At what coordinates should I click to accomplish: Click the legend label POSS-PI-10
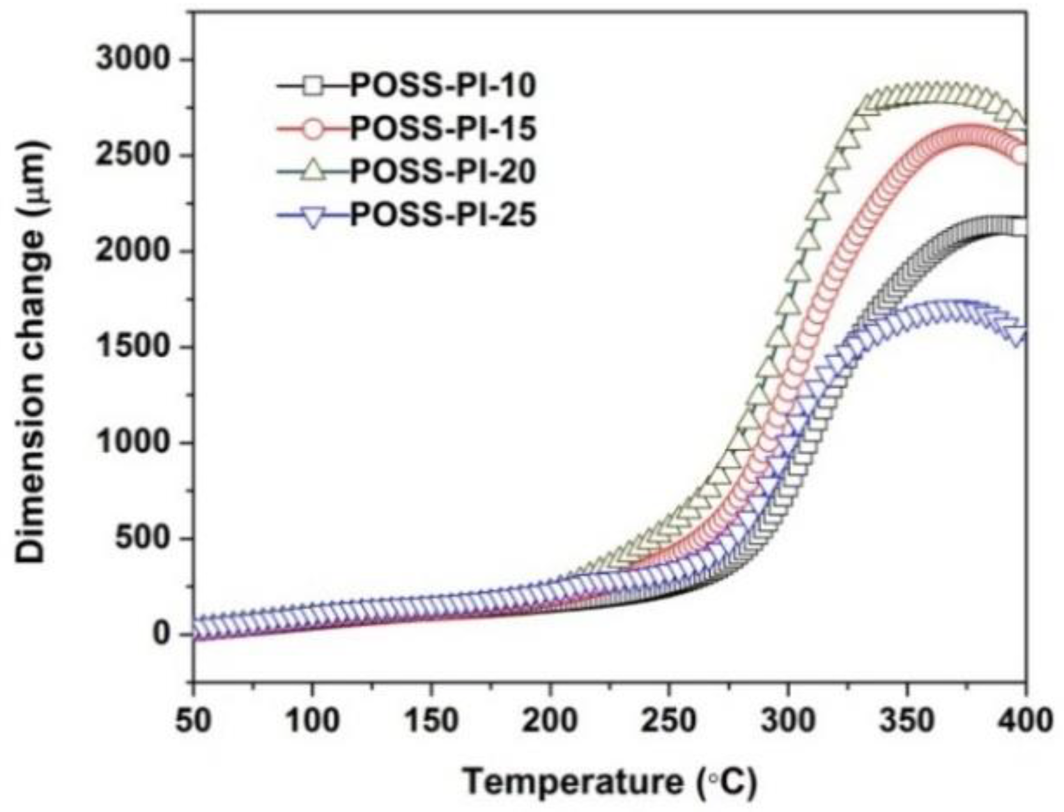click(x=443, y=86)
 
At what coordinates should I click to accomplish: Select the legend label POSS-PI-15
click(x=443, y=128)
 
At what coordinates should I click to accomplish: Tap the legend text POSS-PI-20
click(x=443, y=171)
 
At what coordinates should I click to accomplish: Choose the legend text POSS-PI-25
click(x=443, y=215)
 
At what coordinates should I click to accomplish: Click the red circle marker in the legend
click(x=313, y=128)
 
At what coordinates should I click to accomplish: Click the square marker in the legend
click(x=313, y=86)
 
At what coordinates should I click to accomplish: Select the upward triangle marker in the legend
click(x=313, y=170)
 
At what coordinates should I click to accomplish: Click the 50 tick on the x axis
click(x=192, y=721)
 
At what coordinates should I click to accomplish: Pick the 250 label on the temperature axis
click(x=668, y=721)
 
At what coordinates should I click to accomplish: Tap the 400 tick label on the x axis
click(x=1025, y=721)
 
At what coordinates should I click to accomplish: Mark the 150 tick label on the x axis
click(x=431, y=721)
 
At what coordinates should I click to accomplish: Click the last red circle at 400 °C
click(x=1021, y=155)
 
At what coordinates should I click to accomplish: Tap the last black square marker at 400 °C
click(x=1021, y=227)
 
